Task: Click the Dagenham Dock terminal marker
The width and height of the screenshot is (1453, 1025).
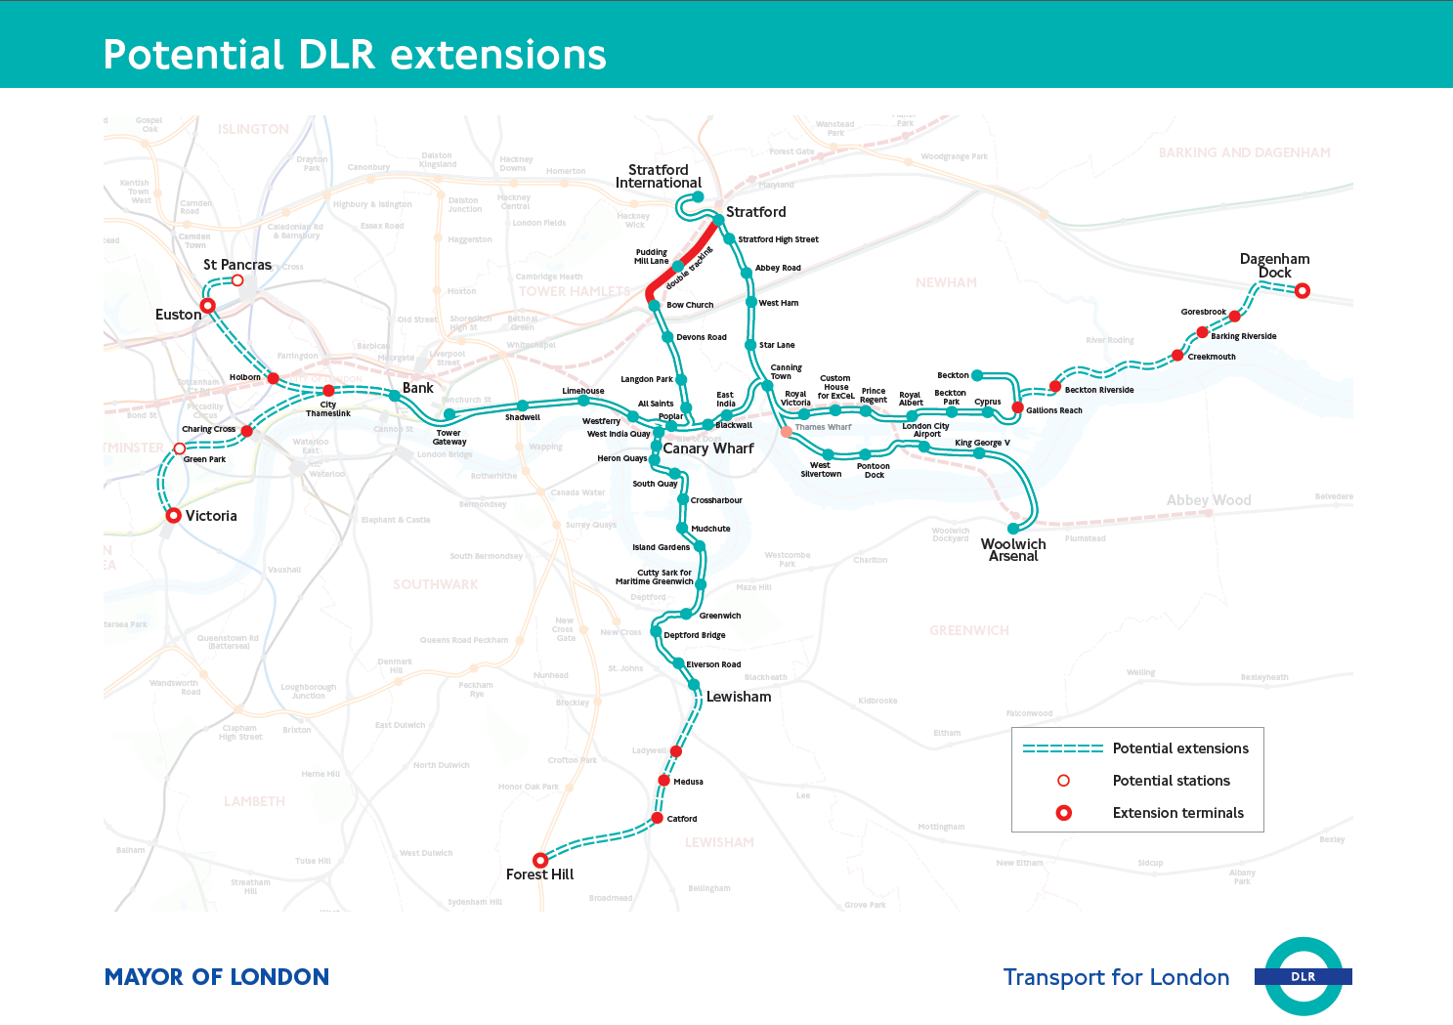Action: [x=1302, y=290]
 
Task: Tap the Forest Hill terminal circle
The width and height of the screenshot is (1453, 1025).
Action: [x=539, y=860]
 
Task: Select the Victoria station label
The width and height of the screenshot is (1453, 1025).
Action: [x=211, y=516]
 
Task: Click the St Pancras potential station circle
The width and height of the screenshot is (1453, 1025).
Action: [x=237, y=280]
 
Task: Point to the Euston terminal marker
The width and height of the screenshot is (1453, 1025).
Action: [x=207, y=306]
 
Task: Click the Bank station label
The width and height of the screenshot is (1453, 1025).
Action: [x=417, y=388]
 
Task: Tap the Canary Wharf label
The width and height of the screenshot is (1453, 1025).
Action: [x=708, y=448]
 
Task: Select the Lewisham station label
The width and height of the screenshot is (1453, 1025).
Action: [x=739, y=697]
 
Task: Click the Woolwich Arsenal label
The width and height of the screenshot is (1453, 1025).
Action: [x=1013, y=550]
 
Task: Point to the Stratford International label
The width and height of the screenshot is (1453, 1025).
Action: [x=659, y=176]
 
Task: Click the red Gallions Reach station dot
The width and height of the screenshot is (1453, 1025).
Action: [x=1017, y=407]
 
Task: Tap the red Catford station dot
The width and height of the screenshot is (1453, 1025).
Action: [x=658, y=818]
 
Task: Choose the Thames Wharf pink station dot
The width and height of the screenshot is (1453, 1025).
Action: [x=787, y=431]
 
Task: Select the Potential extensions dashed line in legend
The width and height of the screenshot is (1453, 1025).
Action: [x=1062, y=748]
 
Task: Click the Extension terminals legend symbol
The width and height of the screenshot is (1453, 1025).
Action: [x=1064, y=813]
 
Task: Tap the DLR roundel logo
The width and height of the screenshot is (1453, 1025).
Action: [x=1303, y=976]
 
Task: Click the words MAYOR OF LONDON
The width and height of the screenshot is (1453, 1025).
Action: [x=217, y=977]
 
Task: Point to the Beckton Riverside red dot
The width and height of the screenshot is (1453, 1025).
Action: [x=1055, y=387]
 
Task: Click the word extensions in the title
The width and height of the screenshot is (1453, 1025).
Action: [x=498, y=55]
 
